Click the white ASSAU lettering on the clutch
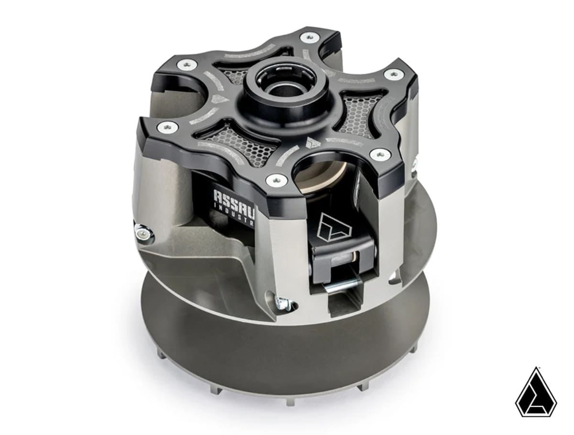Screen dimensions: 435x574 235,196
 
